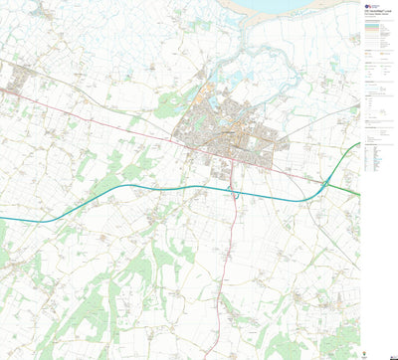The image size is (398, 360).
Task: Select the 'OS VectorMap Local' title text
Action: [x=377, y=14]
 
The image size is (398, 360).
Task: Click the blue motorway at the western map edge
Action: [x=3, y=218]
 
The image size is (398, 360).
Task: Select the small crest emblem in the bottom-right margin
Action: [x=383, y=348]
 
